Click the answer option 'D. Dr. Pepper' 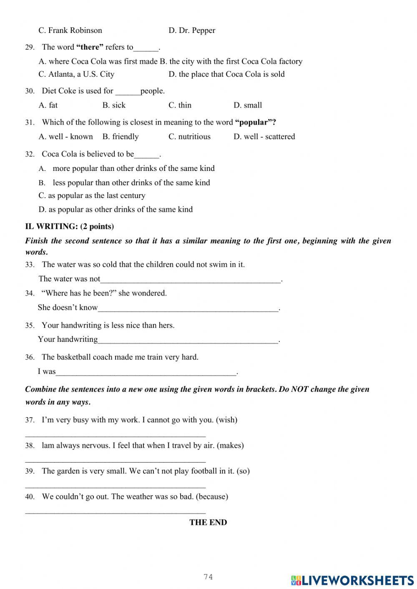pos(192,30)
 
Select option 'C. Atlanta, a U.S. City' pos(76,74)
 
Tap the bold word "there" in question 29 pos(90,47)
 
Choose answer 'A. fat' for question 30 pos(48,105)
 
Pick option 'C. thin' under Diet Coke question pos(180,105)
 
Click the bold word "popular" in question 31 pos(253,123)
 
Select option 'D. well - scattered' pos(264,137)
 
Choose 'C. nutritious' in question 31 pos(189,137)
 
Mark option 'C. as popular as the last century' pos(92,195)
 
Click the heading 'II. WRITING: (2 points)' pos(69,226)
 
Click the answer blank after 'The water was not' pos(191,280)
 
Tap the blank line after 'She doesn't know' pos(188,308)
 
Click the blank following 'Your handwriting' pos(188,340)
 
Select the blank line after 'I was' pos(146,372)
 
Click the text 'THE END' pos(208,523)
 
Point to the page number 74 pos(208,577)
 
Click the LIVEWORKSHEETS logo pos(352,580)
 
